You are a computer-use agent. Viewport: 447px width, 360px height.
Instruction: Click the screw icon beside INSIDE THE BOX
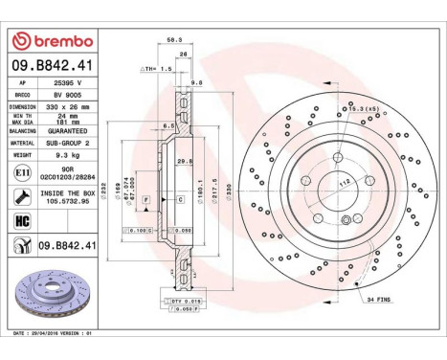coord(22,197)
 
